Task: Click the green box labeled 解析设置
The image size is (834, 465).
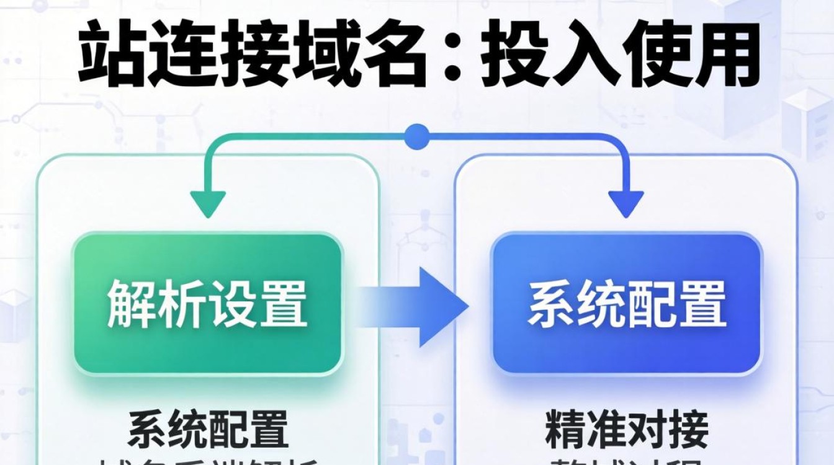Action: coord(208,304)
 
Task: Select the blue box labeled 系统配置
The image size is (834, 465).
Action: coord(627,304)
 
